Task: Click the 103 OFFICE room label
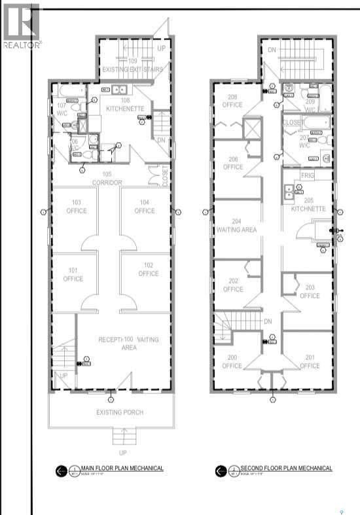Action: point(76,207)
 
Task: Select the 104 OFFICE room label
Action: point(144,207)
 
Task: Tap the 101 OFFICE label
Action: point(73,275)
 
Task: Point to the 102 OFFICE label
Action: point(149,270)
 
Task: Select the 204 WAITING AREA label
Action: point(236,225)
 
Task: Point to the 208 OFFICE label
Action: point(232,101)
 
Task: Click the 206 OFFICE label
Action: point(232,163)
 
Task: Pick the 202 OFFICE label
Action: point(232,285)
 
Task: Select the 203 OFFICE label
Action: point(310,292)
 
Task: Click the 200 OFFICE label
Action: point(232,362)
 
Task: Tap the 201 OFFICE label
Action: point(310,362)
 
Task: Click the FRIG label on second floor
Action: point(307,177)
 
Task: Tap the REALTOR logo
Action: point(22,26)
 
